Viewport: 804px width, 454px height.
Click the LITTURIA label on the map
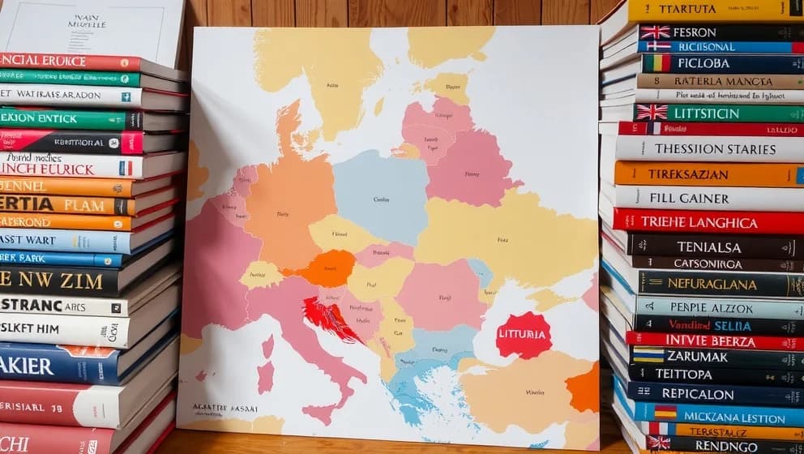(x=524, y=335)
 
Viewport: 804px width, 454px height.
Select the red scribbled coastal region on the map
(x=331, y=318)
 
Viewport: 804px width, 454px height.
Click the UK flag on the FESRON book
(x=655, y=32)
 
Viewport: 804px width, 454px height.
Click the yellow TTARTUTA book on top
(x=713, y=11)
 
